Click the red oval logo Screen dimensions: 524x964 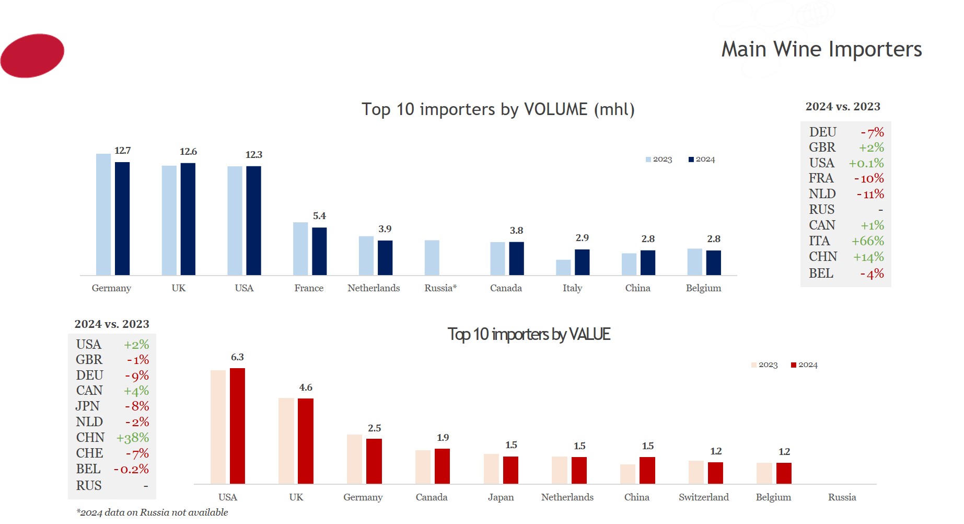pos(32,55)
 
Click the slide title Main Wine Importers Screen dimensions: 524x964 pos(821,50)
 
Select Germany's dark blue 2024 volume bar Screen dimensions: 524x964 pos(122,219)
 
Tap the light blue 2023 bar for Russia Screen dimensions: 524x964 pos(432,258)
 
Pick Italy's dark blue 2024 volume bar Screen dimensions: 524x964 pos(582,262)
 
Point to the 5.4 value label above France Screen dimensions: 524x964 pos(319,216)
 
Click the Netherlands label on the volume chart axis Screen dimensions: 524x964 pos(374,288)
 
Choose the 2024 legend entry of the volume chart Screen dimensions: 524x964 pos(702,160)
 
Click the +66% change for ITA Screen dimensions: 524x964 pos(867,241)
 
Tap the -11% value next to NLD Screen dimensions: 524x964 pos(870,194)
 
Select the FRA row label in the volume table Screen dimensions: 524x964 pos(821,178)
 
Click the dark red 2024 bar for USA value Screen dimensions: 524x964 pos(237,426)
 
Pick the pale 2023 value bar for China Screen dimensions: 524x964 pos(628,474)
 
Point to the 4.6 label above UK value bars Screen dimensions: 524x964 pos(306,388)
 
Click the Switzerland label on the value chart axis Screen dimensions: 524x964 pos(703,497)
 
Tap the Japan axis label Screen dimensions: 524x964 pos(501,497)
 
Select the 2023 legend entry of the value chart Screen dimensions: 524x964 pos(764,365)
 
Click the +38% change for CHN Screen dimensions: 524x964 pos(133,438)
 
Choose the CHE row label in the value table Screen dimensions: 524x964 pos(89,453)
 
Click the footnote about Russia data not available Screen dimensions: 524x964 pos(152,512)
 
